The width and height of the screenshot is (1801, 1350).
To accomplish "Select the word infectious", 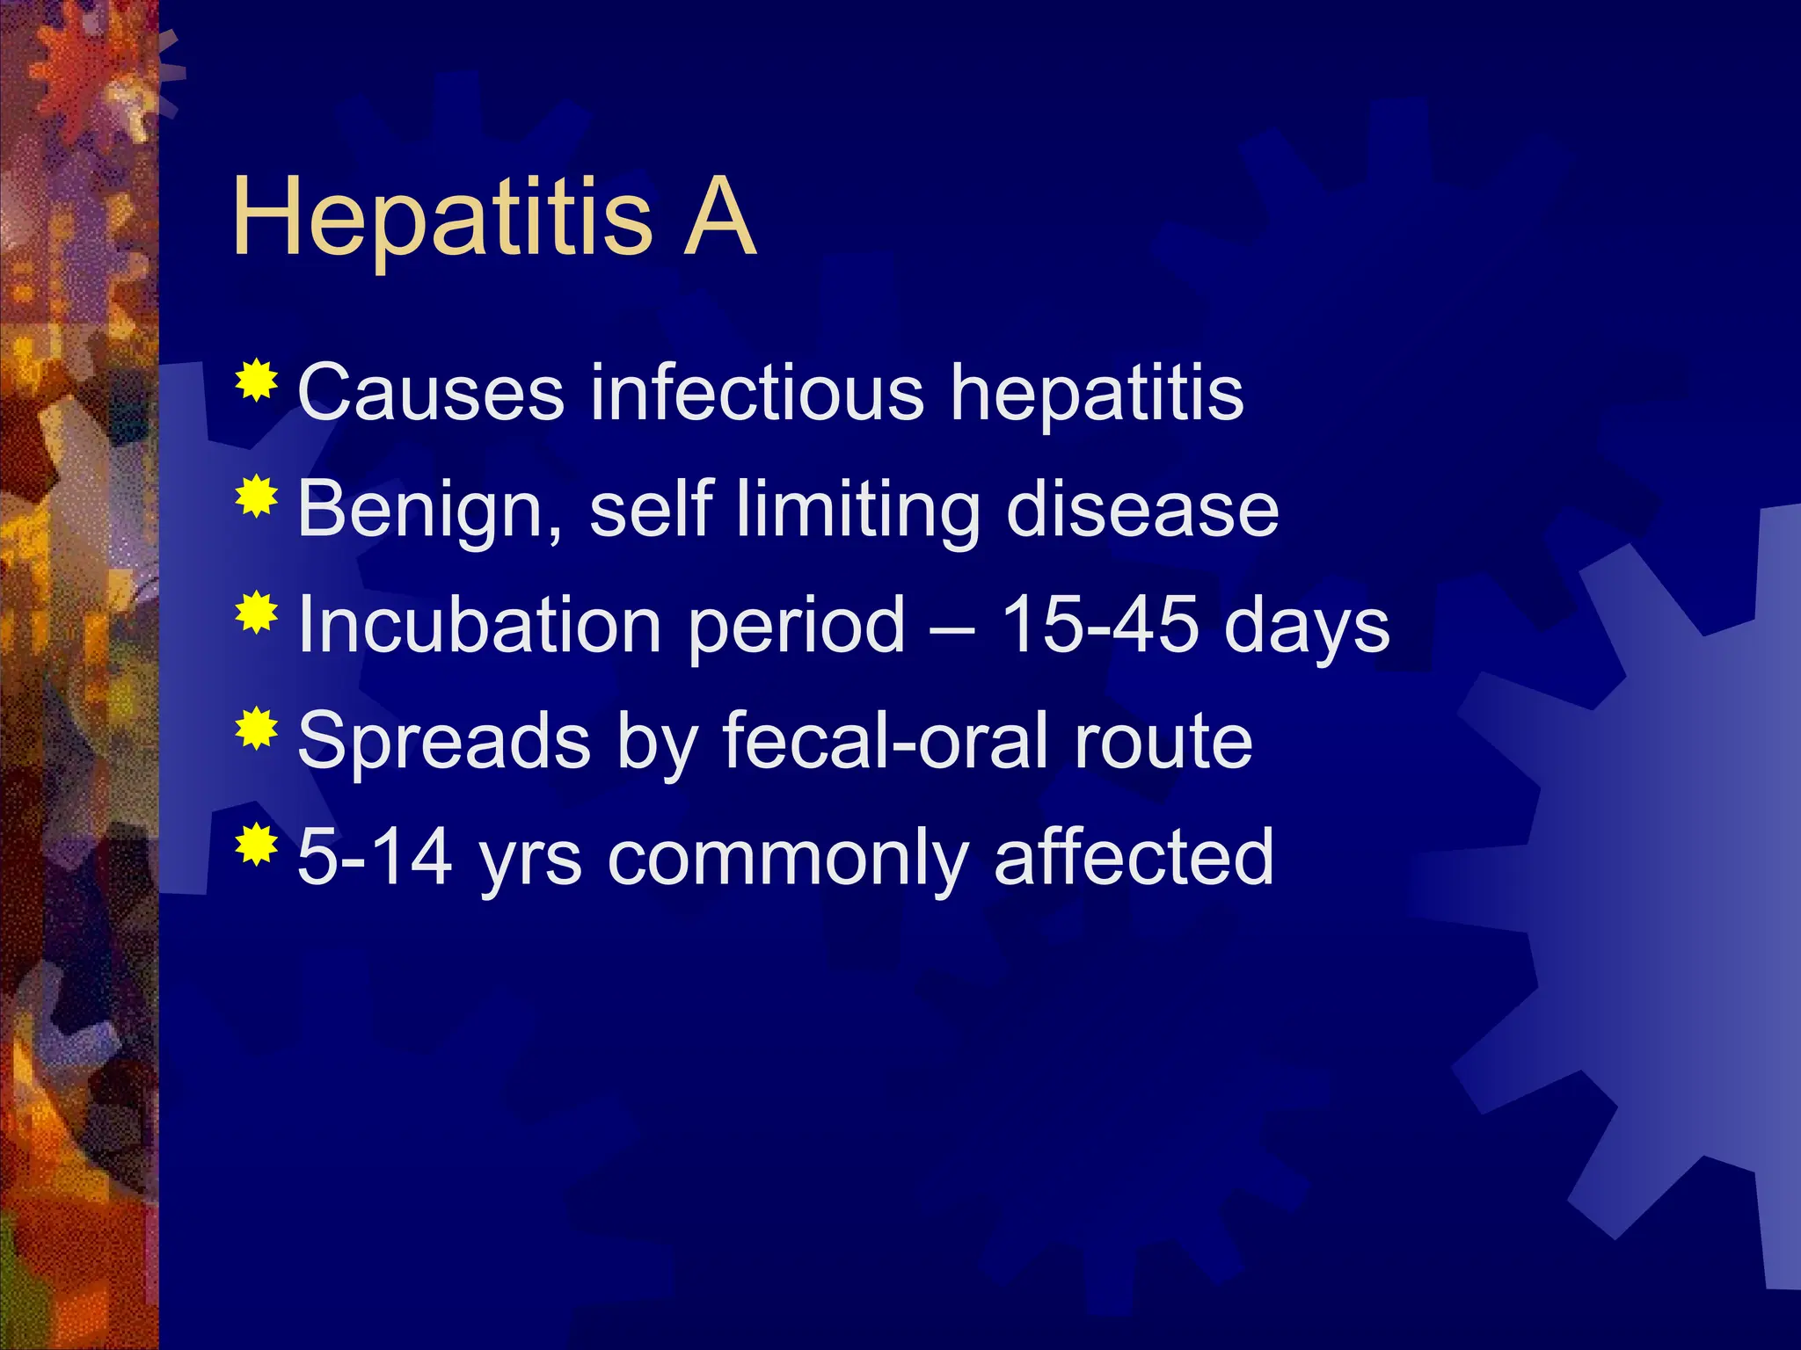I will coord(757,392).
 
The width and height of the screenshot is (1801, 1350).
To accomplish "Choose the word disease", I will coord(1141,510).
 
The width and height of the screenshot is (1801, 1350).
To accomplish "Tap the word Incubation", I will coord(479,625).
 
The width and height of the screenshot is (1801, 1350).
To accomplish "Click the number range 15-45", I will coord(1099,625).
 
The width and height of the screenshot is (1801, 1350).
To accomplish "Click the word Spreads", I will coord(444,742).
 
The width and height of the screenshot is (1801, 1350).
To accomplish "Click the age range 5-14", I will coord(375,857).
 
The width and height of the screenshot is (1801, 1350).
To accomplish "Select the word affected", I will coord(1134,857).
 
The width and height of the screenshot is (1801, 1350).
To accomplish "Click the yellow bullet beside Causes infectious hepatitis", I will coord(257,381).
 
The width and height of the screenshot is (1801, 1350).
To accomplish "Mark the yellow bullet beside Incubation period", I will coord(257,613).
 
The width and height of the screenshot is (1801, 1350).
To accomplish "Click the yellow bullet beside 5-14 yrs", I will coord(257,845).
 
